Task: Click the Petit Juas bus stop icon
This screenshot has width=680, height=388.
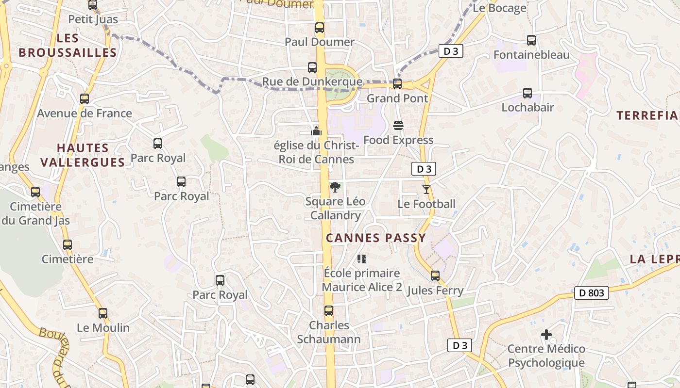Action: [x=93, y=5]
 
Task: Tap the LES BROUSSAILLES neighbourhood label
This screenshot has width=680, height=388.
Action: [x=68, y=46]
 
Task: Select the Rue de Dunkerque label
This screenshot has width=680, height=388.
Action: [x=312, y=82]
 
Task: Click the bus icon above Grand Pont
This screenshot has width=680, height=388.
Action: [x=397, y=84]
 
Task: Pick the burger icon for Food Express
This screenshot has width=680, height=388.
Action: [x=398, y=126]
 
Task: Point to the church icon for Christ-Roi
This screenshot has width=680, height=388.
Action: [x=316, y=131]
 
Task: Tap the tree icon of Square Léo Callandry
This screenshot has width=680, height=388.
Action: [x=335, y=187]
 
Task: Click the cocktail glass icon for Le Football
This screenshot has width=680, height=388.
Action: [x=426, y=190]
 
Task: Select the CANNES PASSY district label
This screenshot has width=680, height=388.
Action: [x=376, y=238]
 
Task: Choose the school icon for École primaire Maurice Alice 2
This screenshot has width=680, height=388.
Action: [x=361, y=259]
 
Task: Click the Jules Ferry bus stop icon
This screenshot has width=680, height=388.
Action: [x=435, y=276]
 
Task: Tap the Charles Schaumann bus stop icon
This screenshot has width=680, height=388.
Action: [x=329, y=311]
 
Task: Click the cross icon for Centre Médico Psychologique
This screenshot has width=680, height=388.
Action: [x=546, y=335]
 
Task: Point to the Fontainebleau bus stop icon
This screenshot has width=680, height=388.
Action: [x=531, y=40]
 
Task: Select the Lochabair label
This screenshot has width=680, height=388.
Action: [x=527, y=108]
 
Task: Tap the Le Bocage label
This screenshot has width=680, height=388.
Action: [x=499, y=8]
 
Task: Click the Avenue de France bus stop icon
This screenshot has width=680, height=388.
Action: [x=85, y=99]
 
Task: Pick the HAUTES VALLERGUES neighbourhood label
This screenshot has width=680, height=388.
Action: [x=83, y=155]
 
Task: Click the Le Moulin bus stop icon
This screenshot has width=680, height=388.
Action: [x=103, y=313]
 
